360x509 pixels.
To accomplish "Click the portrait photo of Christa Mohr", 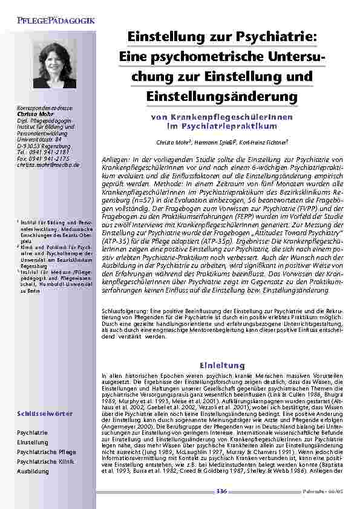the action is tap(54, 65).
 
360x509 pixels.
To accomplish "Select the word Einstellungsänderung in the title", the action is tap(222, 96).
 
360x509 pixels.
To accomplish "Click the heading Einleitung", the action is tap(221, 365).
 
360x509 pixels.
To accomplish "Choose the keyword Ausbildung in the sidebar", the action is tap(33, 470).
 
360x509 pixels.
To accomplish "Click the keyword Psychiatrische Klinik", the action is tap(45, 461).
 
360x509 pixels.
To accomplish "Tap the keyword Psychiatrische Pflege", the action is tap(46, 452).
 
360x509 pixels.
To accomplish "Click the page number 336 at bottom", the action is tap(221, 491).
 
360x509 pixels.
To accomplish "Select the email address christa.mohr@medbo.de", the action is tap(48, 164).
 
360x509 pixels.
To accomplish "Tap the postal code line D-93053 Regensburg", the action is tap(44, 147).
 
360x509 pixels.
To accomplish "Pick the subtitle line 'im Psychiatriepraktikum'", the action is tap(221, 126).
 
